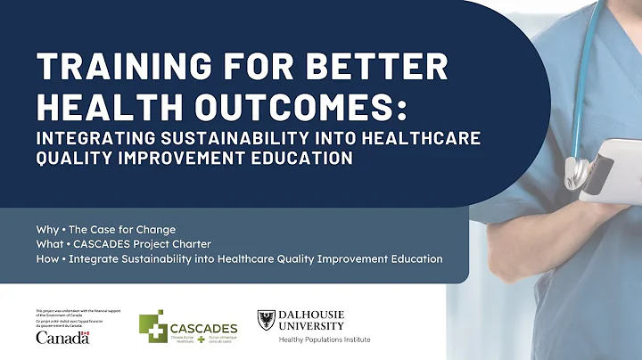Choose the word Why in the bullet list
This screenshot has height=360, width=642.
click(x=46, y=228)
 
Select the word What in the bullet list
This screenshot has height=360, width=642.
click(x=49, y=243)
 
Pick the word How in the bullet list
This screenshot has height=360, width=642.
click(x=47, y=258)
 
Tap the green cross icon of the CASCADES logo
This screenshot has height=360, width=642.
click(x=152, y=327)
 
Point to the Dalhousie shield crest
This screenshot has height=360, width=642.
click(x=266, y=320)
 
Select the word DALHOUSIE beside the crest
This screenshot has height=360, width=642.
click(x=312, y=315)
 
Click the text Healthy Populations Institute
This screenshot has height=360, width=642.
click(x=325, y=340)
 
